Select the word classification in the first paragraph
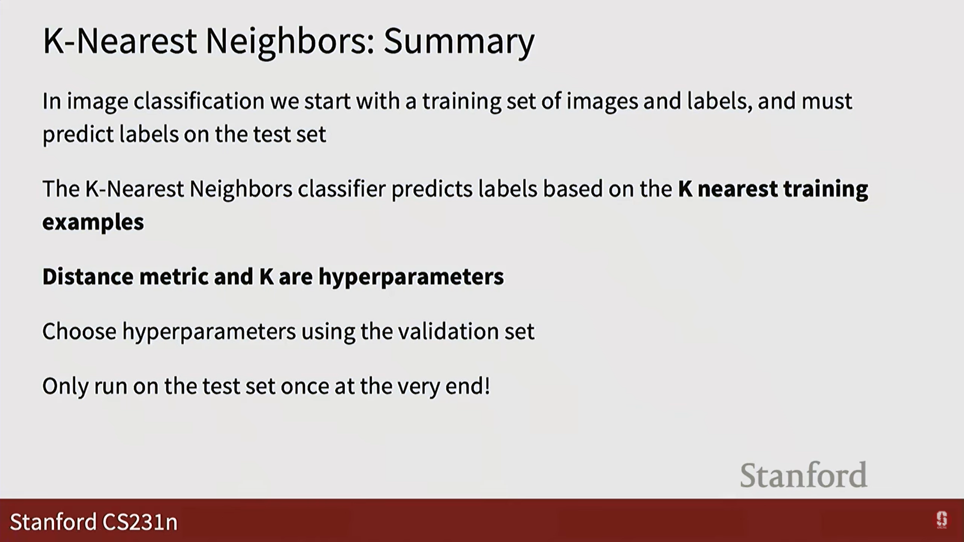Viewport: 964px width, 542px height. (x=199, y=101)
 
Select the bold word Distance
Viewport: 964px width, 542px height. (x=88, y=277)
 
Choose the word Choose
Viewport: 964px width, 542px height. (x=79, y=331)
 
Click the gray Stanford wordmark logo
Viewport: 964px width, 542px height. (x=803, y=475)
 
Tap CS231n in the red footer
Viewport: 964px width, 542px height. (x=140, y=522)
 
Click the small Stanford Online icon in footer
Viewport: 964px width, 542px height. (x=941, y=520)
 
